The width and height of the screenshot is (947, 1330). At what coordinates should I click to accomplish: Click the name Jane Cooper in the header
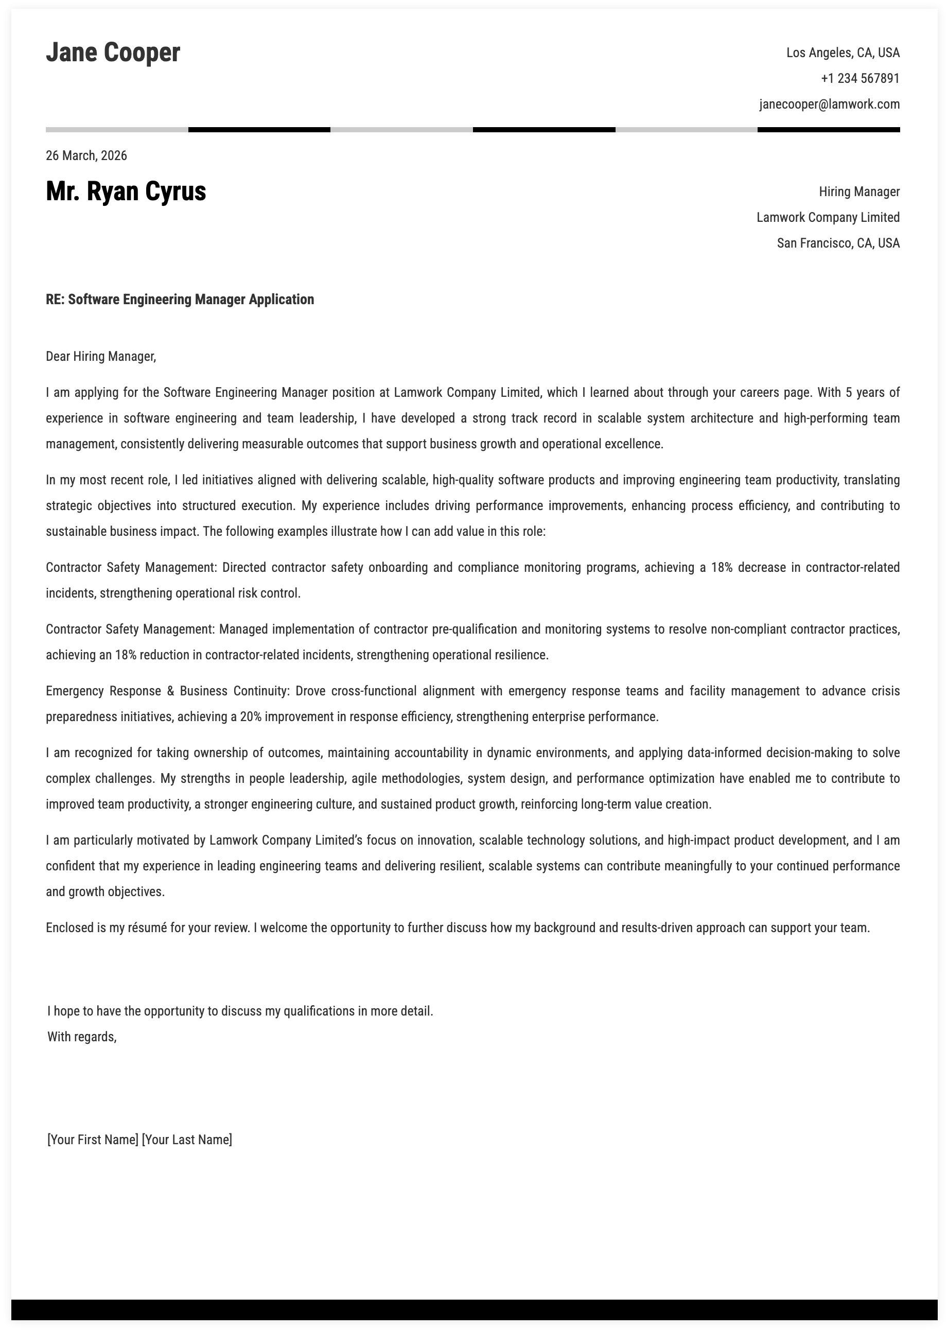click(x=113, y=53)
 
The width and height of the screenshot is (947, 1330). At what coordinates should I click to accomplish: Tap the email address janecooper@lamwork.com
click(x=829, y=104)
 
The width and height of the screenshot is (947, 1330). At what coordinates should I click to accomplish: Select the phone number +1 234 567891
click(x=860, y=79)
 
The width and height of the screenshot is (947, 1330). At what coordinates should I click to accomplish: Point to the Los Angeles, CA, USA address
click(x=842, y=53)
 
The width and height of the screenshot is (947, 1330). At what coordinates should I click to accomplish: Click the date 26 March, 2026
click(x=86, y=155)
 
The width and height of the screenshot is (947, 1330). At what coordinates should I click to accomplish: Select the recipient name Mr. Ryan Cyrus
click(x=126, y=192)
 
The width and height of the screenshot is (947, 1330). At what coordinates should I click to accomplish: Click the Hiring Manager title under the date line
click(x=858, y=192)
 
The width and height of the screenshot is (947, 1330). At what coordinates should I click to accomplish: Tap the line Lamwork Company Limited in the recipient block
click(x=828, y=218)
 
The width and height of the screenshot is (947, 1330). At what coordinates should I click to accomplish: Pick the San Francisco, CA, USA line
click(x=837, y=243)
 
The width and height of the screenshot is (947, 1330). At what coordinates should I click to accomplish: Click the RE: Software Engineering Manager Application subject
click(x=180, y=300)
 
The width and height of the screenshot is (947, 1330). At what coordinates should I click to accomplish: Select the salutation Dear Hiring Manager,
click(x=101, y=356)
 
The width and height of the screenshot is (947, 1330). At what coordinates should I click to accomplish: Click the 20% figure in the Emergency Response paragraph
click(x=250, y=716)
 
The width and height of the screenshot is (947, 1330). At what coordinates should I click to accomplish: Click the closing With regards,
click(x=82, y=1037)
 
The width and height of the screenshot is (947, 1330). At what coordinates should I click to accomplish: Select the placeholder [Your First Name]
click(x=93, y=1140)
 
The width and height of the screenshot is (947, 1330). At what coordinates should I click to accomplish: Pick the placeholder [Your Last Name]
click(x=187, y=1140)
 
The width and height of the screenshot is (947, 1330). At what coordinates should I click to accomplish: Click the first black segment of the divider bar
click(x=259, y=129)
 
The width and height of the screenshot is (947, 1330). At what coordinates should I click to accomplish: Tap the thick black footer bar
click(x=474, y=1309)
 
